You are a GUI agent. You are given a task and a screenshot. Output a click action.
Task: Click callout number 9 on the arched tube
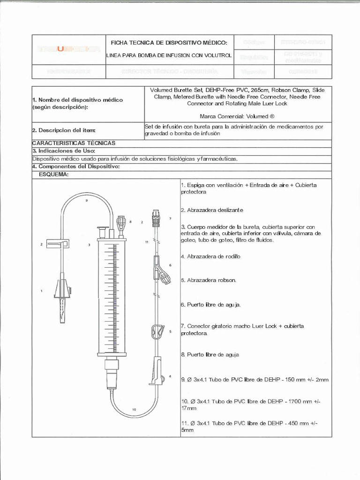[87, 200]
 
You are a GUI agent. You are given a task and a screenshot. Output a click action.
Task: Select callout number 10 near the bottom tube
[134, 409]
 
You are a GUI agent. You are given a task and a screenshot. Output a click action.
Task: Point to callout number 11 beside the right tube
[147, 242]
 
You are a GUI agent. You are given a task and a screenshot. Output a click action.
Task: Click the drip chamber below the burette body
[112, 373]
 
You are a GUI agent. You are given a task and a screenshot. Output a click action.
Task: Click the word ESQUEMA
[54, 174]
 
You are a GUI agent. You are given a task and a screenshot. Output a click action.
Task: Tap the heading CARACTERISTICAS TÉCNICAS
[73, 143]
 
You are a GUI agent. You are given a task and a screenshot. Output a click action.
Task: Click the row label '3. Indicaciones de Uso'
[64, 151]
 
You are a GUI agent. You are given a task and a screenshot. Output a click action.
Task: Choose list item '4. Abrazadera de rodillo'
[210, 256]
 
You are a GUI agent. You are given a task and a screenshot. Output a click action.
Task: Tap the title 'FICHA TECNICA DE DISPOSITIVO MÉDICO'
[168, 43]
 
